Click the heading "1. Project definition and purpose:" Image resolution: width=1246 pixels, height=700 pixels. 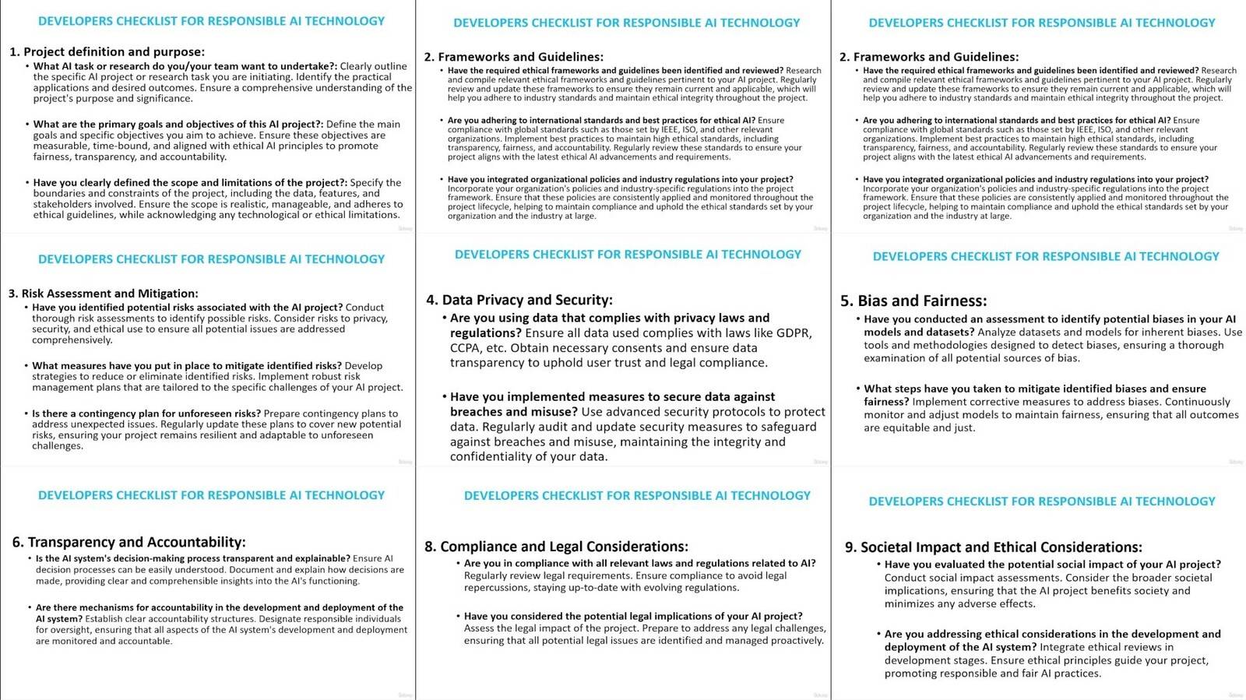click(x=107, y=52)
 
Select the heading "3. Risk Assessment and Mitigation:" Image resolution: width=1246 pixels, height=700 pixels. click(x=103, y=294)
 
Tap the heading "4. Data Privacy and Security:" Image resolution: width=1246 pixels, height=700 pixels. click(x=519, y=300)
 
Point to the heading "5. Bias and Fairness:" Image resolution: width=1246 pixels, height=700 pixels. click(x=913, y=301)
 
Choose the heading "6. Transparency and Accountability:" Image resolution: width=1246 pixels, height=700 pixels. click(x=128, y=542)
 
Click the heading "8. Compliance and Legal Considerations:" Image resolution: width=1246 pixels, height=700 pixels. click(x=556, y=547)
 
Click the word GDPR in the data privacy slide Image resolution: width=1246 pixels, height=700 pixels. click(x=794, y=333)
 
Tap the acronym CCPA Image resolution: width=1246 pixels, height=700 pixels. click(x=465, y=348)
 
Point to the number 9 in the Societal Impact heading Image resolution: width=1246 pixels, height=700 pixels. click(x=850, y=547)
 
